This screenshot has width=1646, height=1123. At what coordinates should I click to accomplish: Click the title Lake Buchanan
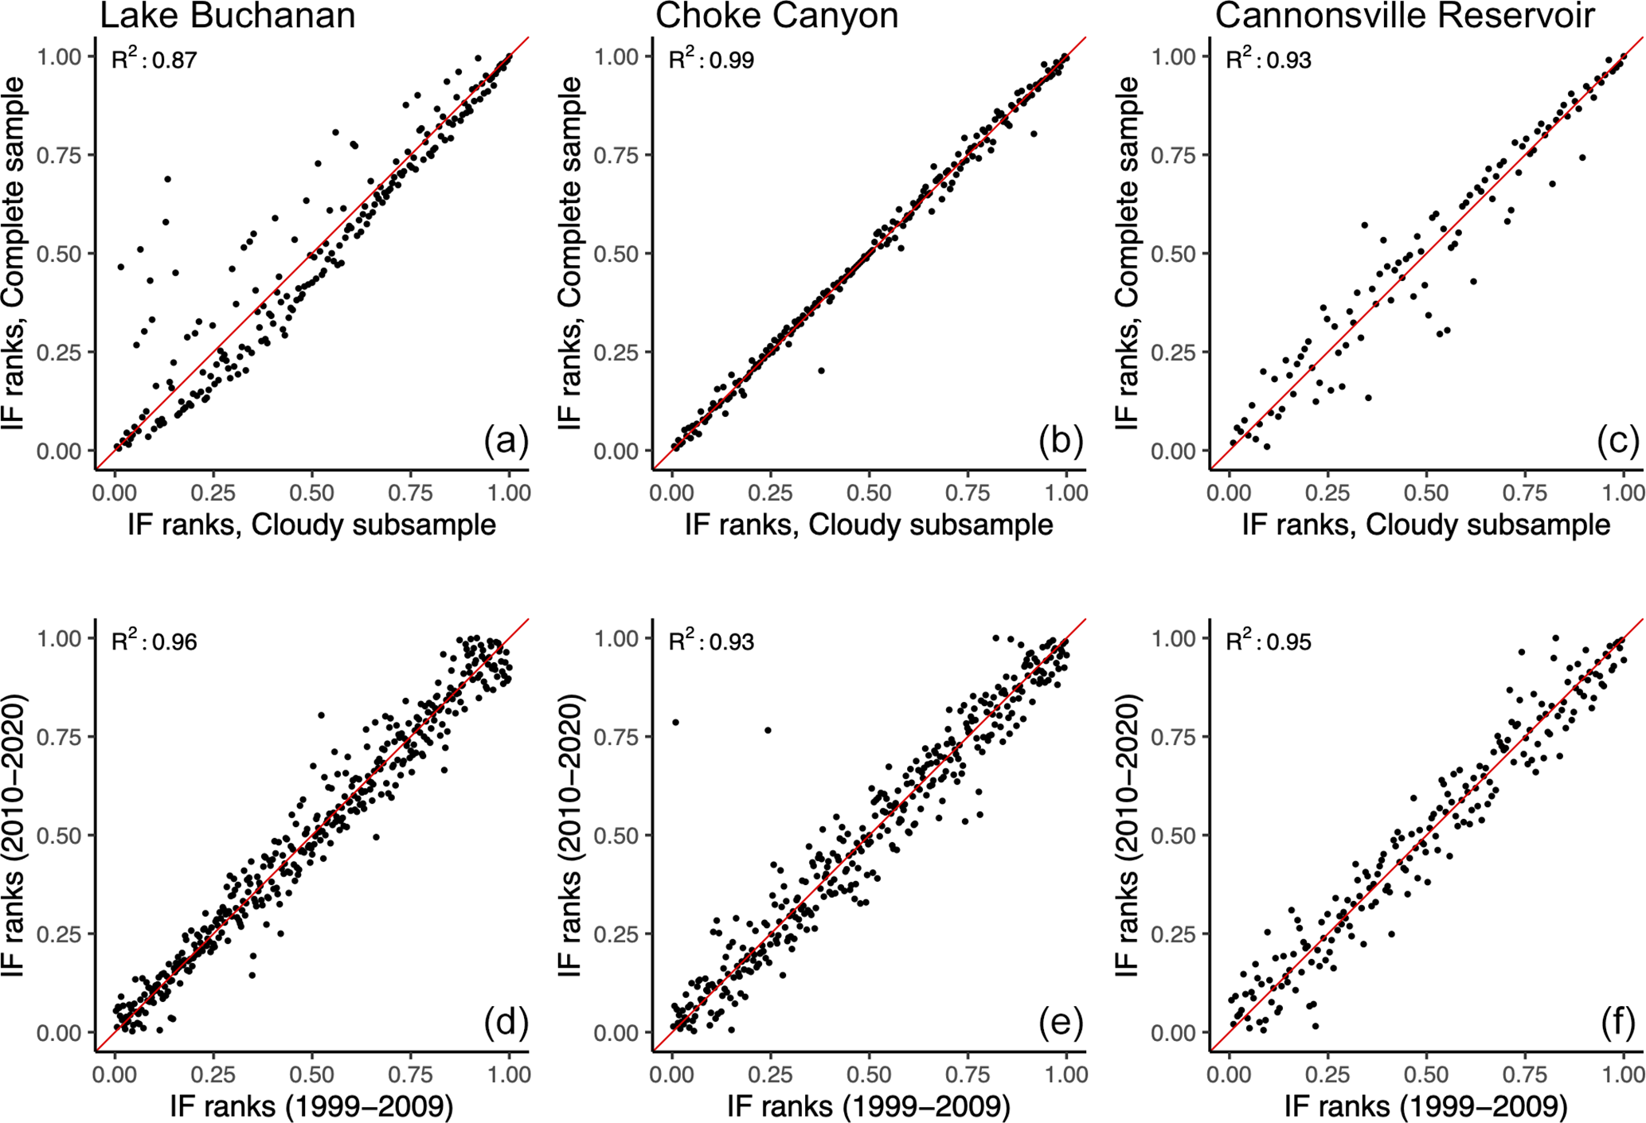click(227, 16)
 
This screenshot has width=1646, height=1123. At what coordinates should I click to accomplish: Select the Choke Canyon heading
click(776, 16)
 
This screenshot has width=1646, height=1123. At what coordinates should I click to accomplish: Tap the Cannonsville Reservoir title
click(1405, 16)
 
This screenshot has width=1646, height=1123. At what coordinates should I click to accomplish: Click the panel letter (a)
click(506, 440)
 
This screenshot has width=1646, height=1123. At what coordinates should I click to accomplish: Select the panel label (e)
click(1061, 1022)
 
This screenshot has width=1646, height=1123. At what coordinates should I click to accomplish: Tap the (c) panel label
click(1618, 440)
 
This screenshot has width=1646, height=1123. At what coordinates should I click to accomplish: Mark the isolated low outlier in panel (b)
click(821, 370)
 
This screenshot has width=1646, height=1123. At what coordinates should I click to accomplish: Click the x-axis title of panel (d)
click(311, 1105)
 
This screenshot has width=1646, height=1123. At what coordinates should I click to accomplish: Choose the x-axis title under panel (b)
click(869, 524)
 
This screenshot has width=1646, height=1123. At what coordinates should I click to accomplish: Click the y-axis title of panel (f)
click(1128, 835)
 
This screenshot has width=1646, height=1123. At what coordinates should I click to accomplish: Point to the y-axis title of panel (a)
click(14, 254)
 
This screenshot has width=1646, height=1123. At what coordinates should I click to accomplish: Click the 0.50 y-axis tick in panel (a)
click(59, 254)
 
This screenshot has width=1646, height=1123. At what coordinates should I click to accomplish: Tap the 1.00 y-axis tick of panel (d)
click(59, 638)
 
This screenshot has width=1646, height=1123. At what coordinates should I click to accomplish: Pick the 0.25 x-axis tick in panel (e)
click(770, 1074)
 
